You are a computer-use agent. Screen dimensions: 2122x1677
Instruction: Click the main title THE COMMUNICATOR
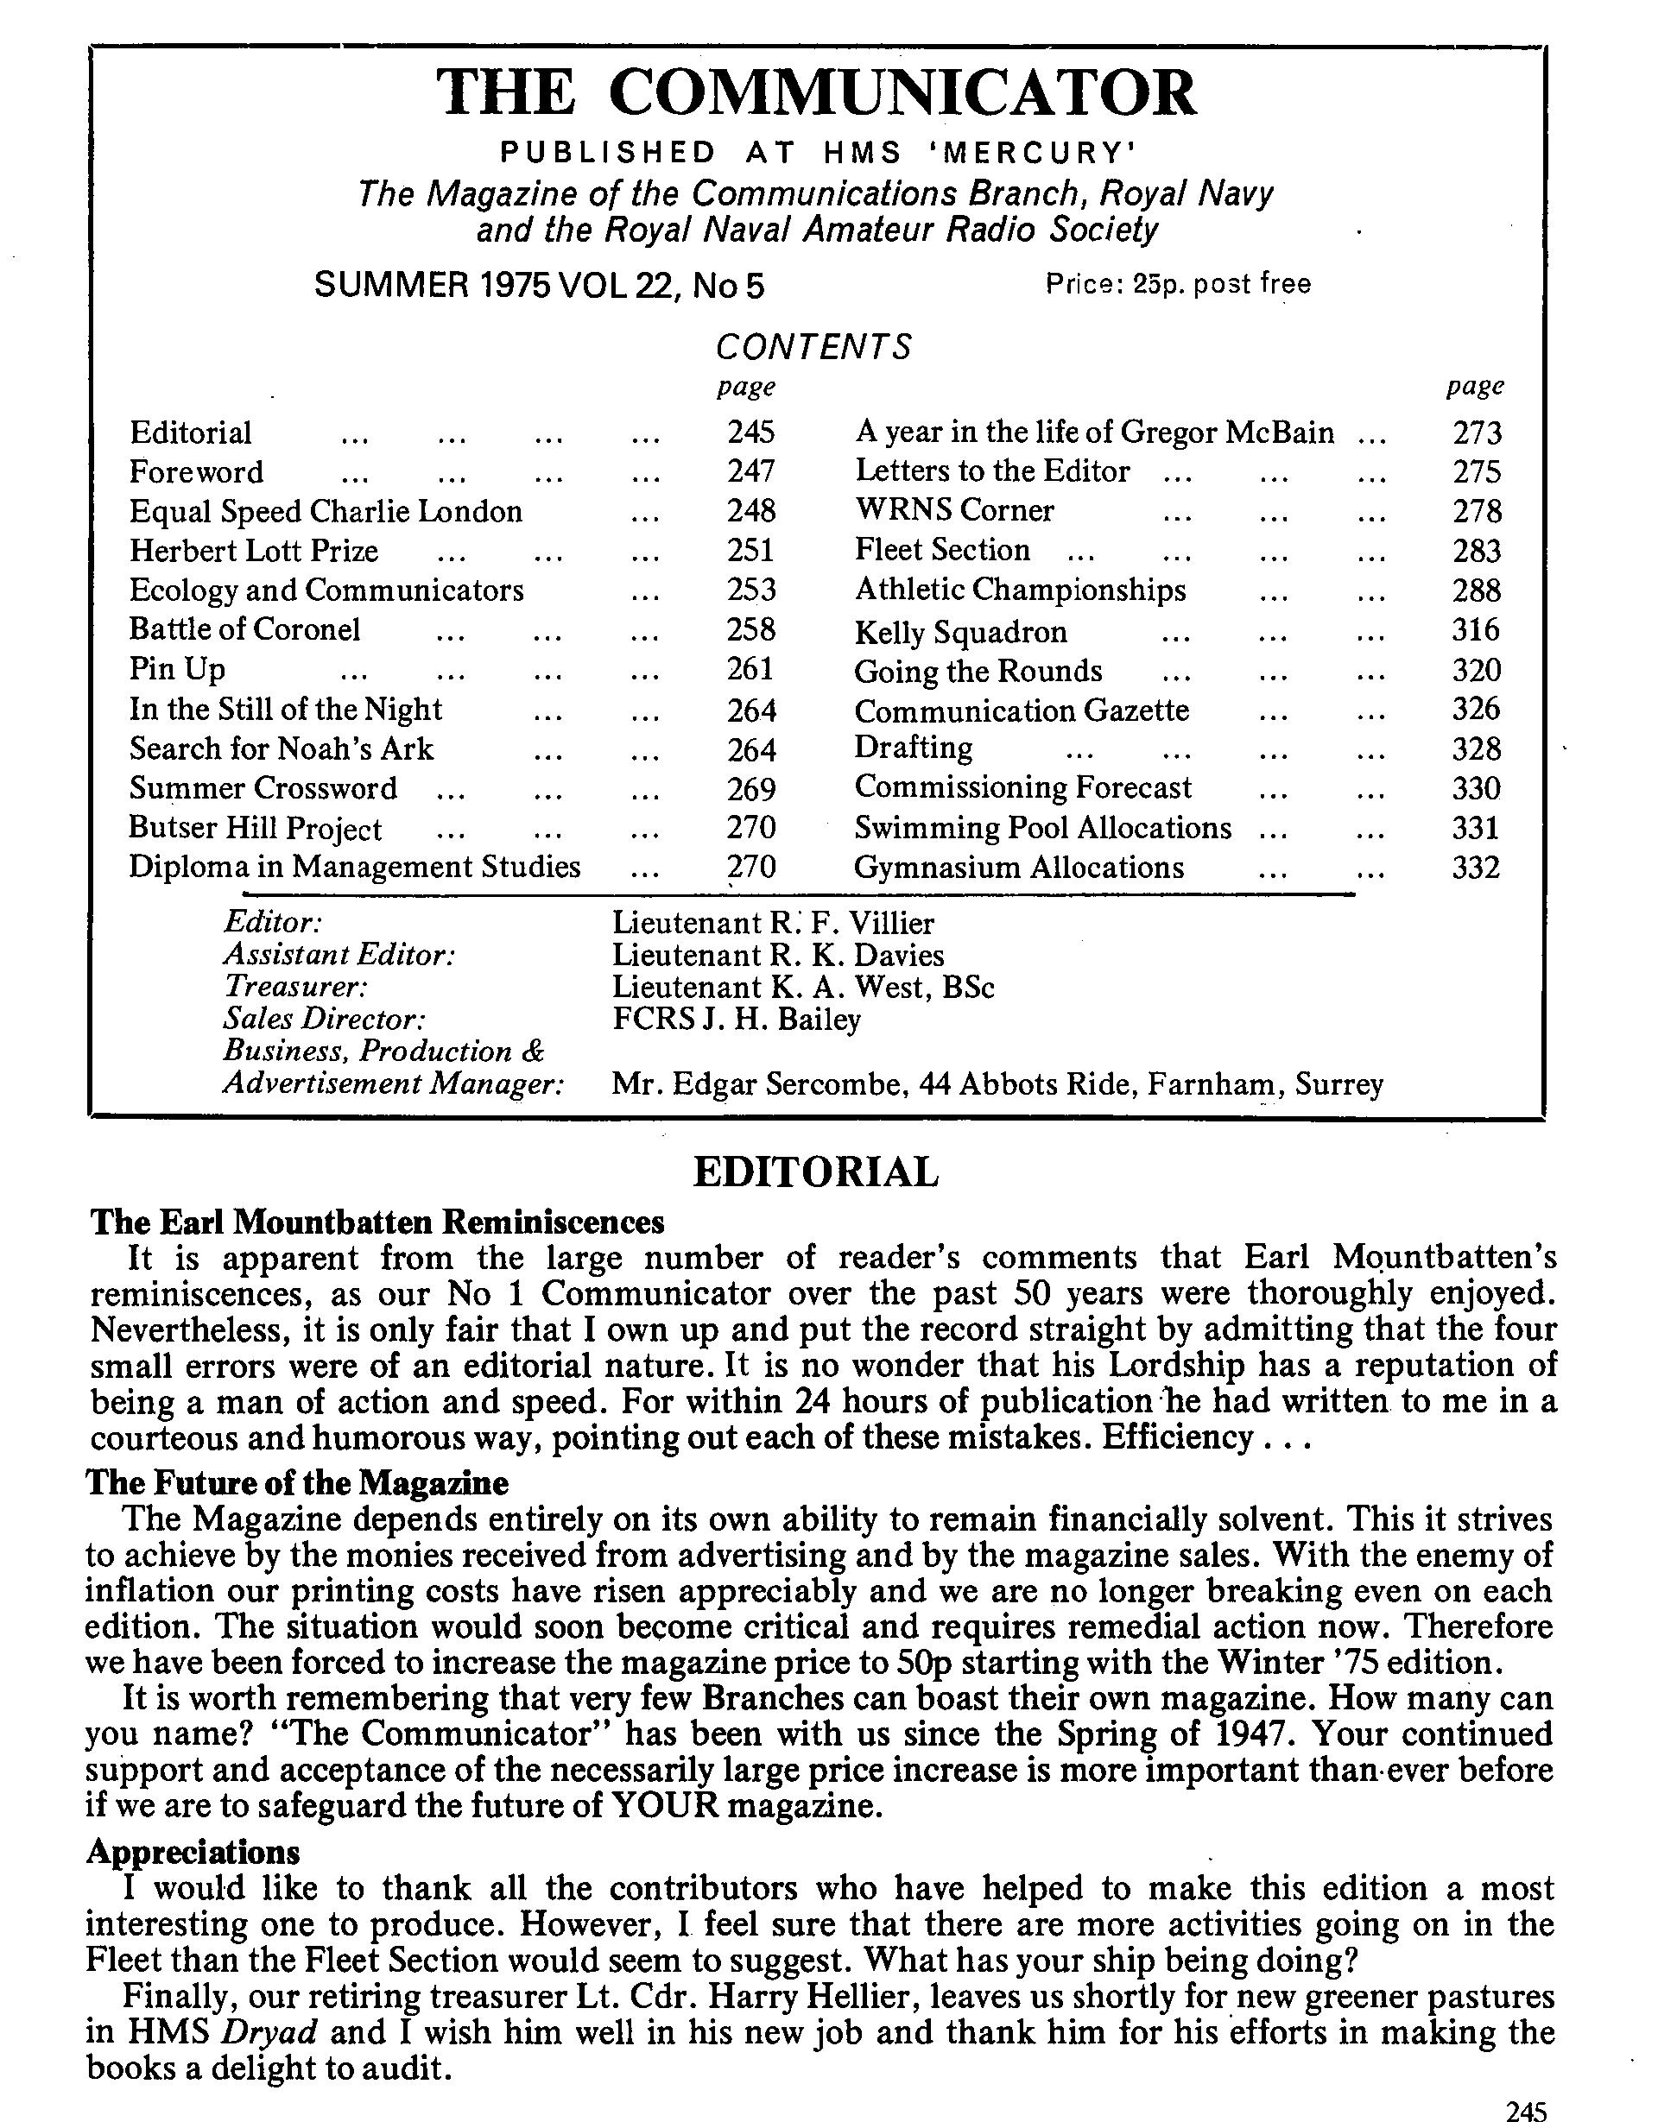[816, 93]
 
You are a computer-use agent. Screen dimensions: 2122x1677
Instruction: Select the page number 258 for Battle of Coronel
[751, 629]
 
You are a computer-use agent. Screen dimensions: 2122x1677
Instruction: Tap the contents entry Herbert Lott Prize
[253, 551]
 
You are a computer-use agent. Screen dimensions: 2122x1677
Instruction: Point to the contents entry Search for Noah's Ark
[281, 748]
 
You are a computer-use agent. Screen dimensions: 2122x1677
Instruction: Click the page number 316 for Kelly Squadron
[1476, 630]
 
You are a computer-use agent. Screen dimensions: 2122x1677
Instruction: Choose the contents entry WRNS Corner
[954, 510]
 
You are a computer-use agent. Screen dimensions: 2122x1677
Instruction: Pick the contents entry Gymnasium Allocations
[1019, 868]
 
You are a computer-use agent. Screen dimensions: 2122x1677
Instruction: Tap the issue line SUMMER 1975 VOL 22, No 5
[538, 286]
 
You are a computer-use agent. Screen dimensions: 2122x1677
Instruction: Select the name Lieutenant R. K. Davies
[778, 955]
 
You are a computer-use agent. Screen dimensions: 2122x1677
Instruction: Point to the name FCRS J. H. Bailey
[737, 1019]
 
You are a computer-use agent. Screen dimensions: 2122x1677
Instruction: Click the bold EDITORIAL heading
[816, 1172]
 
